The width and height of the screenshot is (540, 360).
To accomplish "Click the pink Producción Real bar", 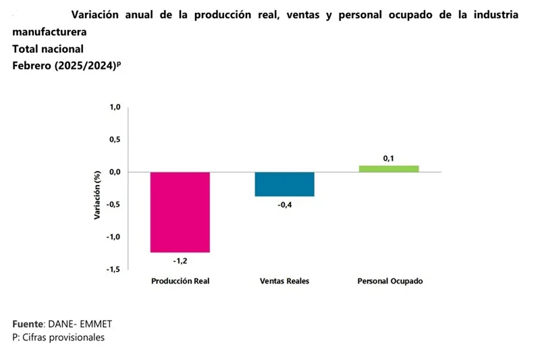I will (x=180, y=212).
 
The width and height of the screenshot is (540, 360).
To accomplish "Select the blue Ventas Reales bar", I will (x=284, y=184).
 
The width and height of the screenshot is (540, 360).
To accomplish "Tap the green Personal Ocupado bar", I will (x=389, y=168).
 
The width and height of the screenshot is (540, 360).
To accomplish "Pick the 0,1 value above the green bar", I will (x=389, y=158).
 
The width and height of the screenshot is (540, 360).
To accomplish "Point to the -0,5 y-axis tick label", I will (x=113, y=205).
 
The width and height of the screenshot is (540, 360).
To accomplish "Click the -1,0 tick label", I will (x=113, y=237).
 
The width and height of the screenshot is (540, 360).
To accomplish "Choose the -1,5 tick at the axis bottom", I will (x=113, y=269).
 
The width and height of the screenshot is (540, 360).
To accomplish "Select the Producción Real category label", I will (x=180, y=281).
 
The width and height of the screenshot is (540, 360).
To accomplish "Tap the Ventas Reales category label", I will (x=284, y=281).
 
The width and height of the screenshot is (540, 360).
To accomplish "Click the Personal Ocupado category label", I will (x=389, y=281).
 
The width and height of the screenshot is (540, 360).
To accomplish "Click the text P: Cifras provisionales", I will (x=58, y=337).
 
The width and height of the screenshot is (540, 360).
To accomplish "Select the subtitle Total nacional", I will (x=48, y=49).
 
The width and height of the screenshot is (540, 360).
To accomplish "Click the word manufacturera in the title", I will (x=49, y=32).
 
